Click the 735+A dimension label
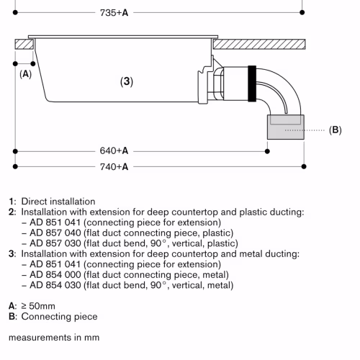[x=114, y=13]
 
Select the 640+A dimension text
[x=114, y=151]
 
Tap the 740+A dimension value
[x=114, y=167]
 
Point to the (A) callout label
[x=25, y=74]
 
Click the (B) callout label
[x=335, y=130]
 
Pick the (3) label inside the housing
[x=127, y=81]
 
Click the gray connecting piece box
[x=286, y=127]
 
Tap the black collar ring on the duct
[x=252, y=84]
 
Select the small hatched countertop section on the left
[x=24, y=45]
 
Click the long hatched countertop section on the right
[x=259, y=45]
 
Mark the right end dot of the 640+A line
[x=267, y=151]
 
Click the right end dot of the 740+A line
[x=304, y=166]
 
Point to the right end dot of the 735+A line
[x=302, y=12]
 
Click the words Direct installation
[x=58, y=202]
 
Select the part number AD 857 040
[x=55, y=233]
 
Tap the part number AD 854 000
[x=55, y=274]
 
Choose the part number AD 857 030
[x=55, y=243]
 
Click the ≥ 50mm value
[x=38, y=306]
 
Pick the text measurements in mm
[x=54, y=338]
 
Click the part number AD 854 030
[x=55, y=285]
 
